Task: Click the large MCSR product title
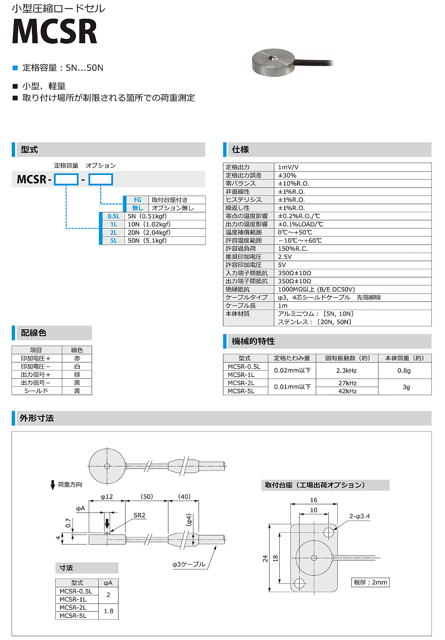click(54, 31)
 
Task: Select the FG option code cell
click(137, 200)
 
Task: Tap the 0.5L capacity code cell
click(113, 216)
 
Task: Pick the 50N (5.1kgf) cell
click(147, 241)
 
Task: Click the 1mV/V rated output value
click(288, 167)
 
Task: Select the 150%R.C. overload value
click(293, 248)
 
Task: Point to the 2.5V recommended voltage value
click(285, 257)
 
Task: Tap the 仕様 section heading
click(240, 150)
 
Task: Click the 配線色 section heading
click(34, 333)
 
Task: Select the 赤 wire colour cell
click(77, 358)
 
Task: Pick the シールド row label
click(36, 391)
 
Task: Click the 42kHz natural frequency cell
click(347, 391)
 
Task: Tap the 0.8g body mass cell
click(404, 370)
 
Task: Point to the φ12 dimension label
click(107, 497)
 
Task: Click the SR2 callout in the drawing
click(139, 515)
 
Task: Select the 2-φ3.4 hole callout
click(359, 516)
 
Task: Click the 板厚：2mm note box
click(371, 582)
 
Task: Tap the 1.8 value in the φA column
click(108, 611)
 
